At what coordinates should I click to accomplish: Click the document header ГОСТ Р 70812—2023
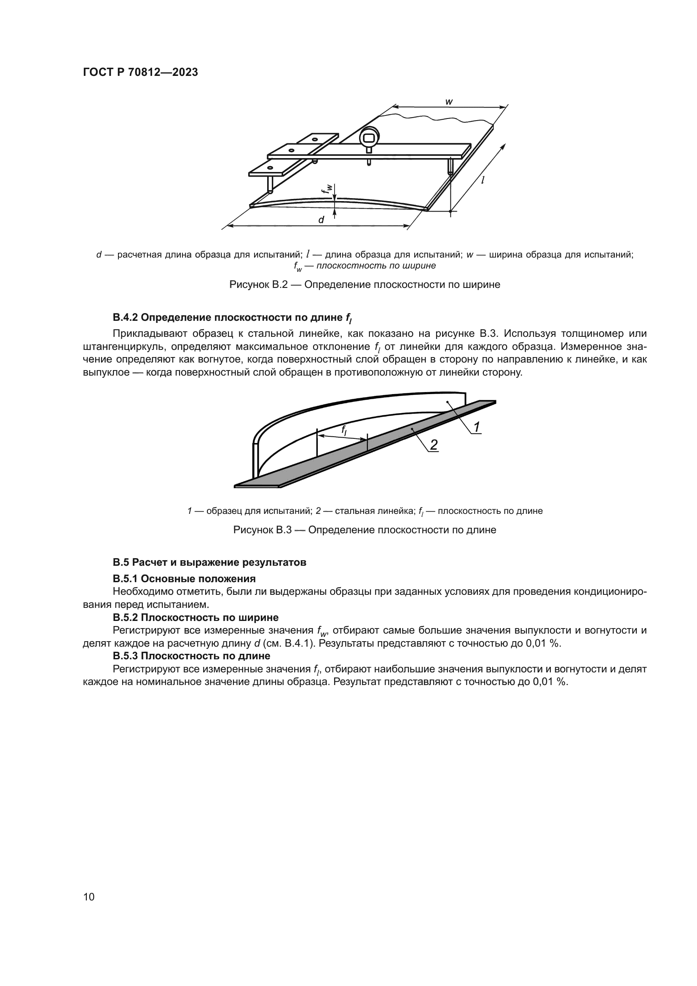(x=140, y=72)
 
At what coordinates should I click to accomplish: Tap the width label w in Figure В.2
(x=449, y=102)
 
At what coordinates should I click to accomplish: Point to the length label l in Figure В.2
(x=483, y=181)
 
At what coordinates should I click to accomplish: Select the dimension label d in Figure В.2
(x=321, y=220)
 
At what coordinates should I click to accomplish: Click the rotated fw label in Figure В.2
(x=328, y=188)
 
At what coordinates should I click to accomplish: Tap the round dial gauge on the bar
(x=369, y=138)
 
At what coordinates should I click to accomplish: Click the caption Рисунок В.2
(x=365, y=285)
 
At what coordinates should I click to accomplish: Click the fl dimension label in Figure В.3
(x=344, y=430)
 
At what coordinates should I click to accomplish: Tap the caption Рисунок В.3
(x=365, y=530)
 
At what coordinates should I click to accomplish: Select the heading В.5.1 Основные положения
(x=184, y=578)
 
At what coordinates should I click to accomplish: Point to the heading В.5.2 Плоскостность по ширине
(x=196, y=618)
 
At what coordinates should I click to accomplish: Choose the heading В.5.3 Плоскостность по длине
(x=191, y=656)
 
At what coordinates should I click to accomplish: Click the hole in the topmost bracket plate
(x=315, y=139)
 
